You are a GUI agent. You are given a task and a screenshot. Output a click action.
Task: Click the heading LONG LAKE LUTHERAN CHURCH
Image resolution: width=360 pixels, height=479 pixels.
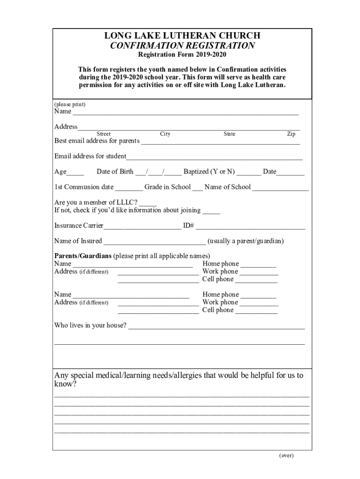click(182, 36)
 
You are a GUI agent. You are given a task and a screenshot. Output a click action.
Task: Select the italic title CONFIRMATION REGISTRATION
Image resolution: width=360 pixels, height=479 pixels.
click(182, 46)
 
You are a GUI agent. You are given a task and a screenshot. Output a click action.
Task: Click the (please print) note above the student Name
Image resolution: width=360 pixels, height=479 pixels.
click(70, 104)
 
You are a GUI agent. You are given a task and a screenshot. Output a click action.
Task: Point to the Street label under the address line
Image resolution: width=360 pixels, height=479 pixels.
click(103, 134)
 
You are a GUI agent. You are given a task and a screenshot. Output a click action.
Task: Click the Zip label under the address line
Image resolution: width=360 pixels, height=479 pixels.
click(291, 134)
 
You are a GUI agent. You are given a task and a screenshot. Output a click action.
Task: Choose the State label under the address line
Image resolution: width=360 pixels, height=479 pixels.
click(229, 134)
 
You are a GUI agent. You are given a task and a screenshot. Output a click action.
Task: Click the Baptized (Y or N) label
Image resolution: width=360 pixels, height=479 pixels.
click(209, 172)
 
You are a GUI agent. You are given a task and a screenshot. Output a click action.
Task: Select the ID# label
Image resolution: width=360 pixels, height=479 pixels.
click(188, 226)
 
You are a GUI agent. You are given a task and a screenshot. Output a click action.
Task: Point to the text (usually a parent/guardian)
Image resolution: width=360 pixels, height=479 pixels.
click(245, 241)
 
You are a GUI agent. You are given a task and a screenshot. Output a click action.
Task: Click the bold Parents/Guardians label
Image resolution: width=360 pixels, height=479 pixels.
click(83, 256)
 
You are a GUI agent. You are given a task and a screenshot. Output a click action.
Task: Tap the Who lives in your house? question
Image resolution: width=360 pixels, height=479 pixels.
click(90, 326)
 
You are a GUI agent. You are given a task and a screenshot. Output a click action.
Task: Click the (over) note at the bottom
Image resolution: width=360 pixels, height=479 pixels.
click(286, 455)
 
